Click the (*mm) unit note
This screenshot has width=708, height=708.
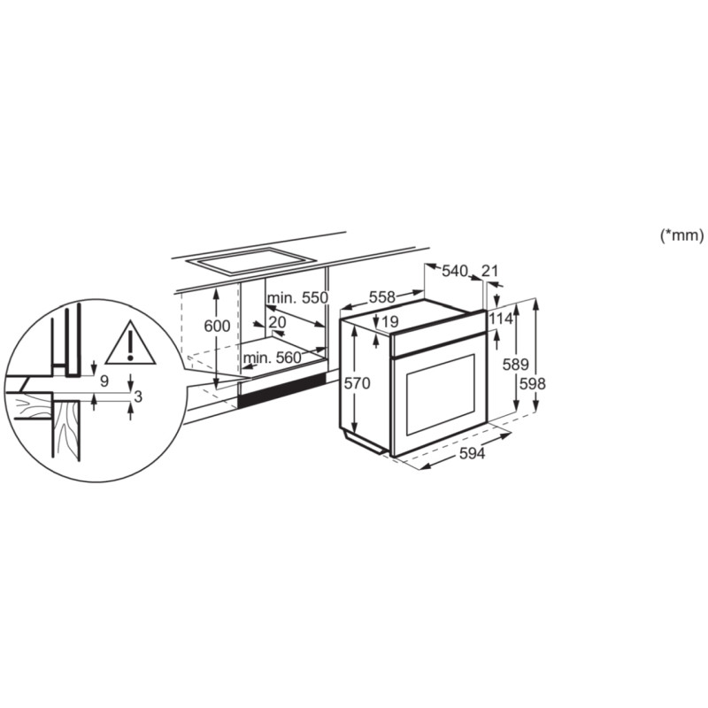681,235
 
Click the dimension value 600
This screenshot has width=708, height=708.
217,326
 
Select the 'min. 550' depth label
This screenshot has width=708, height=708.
299,298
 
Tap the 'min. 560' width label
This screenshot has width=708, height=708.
272,358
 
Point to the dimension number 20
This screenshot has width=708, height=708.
277,323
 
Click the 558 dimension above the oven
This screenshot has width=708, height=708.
382,297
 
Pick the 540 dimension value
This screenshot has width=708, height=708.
454,271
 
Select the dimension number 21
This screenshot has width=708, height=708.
491,271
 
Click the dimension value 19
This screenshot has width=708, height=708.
390,321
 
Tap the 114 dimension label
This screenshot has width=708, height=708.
501,319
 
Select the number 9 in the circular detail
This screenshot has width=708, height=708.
104,381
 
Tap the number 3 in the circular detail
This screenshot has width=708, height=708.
137,397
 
